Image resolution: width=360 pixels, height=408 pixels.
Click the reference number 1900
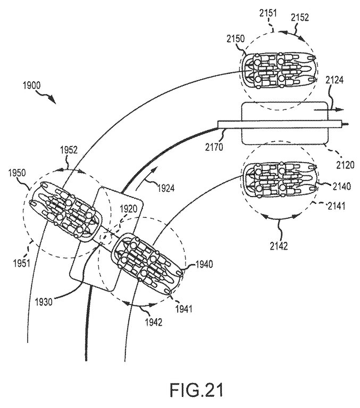31,86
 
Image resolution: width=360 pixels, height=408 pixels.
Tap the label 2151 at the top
268,13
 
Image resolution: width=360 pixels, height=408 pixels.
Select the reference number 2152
300,18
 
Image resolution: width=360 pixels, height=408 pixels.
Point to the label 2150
236,38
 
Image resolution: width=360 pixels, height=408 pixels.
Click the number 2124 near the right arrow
334,80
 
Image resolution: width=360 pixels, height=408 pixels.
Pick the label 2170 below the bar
214,147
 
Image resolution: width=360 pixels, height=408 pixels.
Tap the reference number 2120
346,165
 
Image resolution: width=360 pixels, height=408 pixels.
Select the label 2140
342,186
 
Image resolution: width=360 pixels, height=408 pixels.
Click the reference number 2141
337,206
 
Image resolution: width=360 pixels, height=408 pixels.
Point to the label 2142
279,246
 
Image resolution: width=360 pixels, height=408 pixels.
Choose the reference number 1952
69,150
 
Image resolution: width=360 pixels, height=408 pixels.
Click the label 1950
17,173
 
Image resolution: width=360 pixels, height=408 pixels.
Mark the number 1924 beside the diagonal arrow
166,188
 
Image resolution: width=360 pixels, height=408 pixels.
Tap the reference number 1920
128,208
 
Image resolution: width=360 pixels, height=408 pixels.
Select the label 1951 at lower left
22,263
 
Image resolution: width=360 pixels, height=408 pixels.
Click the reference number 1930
44,302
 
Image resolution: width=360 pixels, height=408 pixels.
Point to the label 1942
153,322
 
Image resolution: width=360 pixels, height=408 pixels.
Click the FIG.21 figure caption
197,390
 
